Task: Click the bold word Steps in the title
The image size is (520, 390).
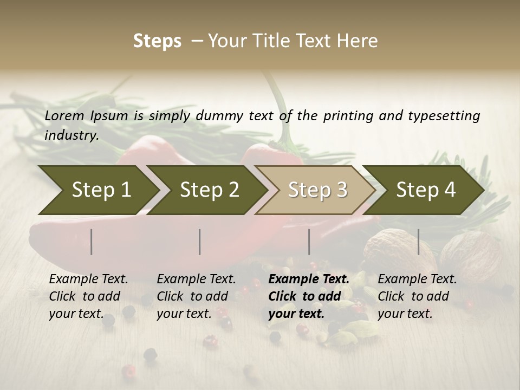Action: pos(157,41)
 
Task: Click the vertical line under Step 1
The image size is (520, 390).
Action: pos(92,242)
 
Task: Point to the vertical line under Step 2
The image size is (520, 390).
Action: pos(200,242)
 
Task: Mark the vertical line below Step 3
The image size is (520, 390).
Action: pos(309,242)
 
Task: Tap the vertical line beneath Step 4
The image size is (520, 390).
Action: pos(419,242)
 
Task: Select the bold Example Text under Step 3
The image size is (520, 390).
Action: pos(309,279)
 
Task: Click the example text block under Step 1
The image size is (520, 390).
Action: pos(88,296)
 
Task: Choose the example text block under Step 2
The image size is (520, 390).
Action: pos(196,296)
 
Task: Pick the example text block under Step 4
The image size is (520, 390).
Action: pos(417,296)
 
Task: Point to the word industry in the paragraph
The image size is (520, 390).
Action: pos(71,135)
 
